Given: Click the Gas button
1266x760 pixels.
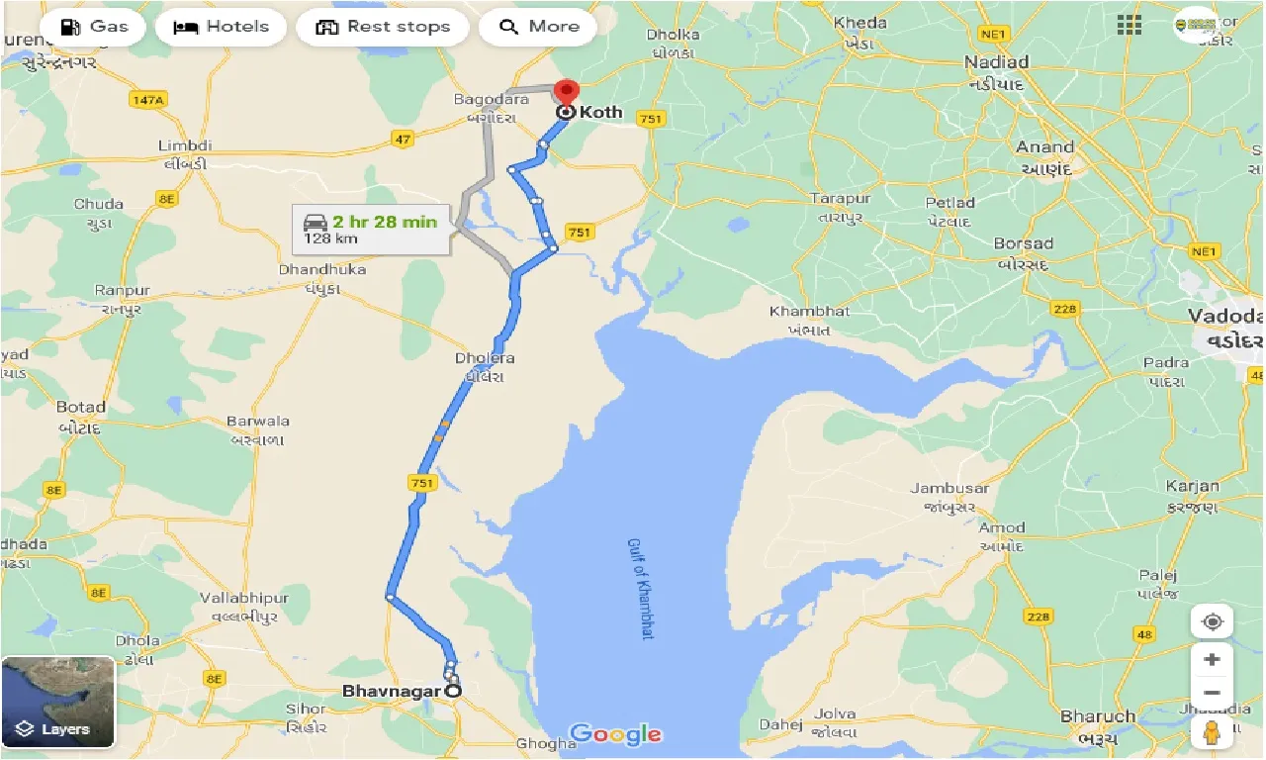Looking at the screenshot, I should coord(94,27).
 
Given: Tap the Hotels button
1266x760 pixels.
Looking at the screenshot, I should coord(221,27).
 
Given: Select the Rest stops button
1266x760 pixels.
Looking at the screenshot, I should coord(383,27).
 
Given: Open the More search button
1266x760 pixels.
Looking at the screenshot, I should coord(538,27).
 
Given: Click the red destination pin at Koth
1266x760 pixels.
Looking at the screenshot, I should coord(566,93).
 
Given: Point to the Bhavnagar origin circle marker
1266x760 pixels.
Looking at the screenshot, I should coord(453,691).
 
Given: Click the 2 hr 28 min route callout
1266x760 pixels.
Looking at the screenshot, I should coord(372,229).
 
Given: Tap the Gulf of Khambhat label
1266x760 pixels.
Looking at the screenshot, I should coord(640,589).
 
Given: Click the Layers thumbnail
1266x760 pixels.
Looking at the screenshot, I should coord(58,702).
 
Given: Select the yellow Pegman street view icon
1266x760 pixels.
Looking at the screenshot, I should coord(1212,732).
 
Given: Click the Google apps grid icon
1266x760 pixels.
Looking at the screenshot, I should coord(1130,26).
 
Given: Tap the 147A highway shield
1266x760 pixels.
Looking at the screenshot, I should coord(148,99).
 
